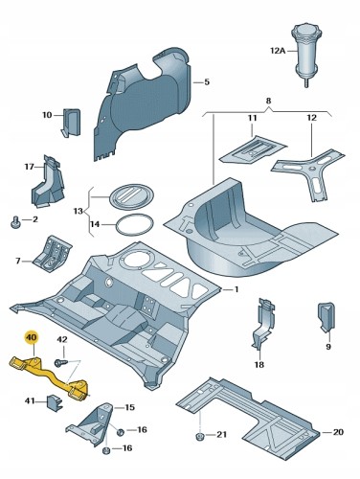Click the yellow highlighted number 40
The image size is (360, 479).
31,338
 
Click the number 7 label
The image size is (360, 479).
18,261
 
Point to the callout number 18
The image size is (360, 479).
259,364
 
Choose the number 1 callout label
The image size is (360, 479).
236,289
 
